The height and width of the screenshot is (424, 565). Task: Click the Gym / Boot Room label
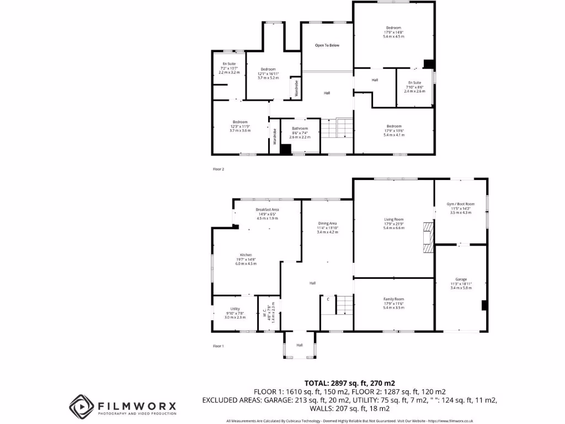(461, 204)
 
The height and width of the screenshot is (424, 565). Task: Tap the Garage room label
(461, 279)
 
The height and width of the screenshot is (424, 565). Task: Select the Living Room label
(394, 219)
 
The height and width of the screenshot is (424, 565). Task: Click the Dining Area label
(327, 223)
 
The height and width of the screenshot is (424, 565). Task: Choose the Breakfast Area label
(267, 209)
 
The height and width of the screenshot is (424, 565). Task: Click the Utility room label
(235, 309)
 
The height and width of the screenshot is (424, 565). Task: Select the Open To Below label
(327, 45)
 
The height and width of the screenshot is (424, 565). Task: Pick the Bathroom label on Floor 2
(300, 129)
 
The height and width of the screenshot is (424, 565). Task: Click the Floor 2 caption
(218, 169)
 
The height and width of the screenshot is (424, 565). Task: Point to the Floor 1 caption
(218, 346)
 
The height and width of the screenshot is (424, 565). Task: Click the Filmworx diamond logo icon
(81, 406)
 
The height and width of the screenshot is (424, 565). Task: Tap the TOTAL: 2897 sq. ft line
(350, 383)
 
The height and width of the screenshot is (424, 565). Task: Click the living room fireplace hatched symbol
(429, 237)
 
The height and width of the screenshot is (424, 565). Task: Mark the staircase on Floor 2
(337, 129)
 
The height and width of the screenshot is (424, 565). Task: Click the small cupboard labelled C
(328, 299)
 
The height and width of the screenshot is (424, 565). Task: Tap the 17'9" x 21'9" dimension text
(394, 224)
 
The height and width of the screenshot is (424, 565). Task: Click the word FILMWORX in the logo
(137, 405)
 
